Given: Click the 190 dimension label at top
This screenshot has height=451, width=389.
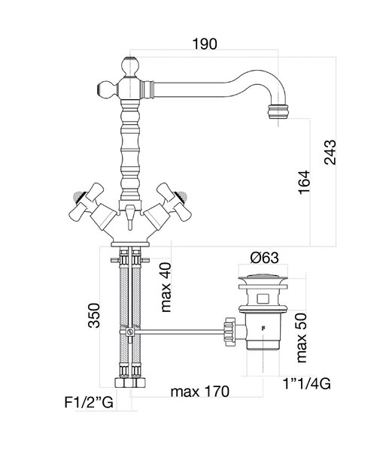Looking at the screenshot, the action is coord(205,44).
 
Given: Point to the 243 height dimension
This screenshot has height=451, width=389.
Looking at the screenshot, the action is coord(330,152).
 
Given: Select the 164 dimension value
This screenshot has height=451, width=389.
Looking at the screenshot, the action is coord(304,183).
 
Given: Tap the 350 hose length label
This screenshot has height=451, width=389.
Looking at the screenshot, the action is coord(94,315).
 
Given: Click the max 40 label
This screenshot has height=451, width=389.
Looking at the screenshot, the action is coord(166,287).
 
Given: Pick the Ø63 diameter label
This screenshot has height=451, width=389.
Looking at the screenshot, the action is coord(265,258).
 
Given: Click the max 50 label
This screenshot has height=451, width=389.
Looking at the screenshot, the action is coord(302,337).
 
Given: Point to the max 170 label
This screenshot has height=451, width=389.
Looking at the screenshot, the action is coord(200,392).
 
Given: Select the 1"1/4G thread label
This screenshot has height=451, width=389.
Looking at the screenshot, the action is coord(307,383).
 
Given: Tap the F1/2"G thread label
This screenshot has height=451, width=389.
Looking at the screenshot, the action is coord(89,402).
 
